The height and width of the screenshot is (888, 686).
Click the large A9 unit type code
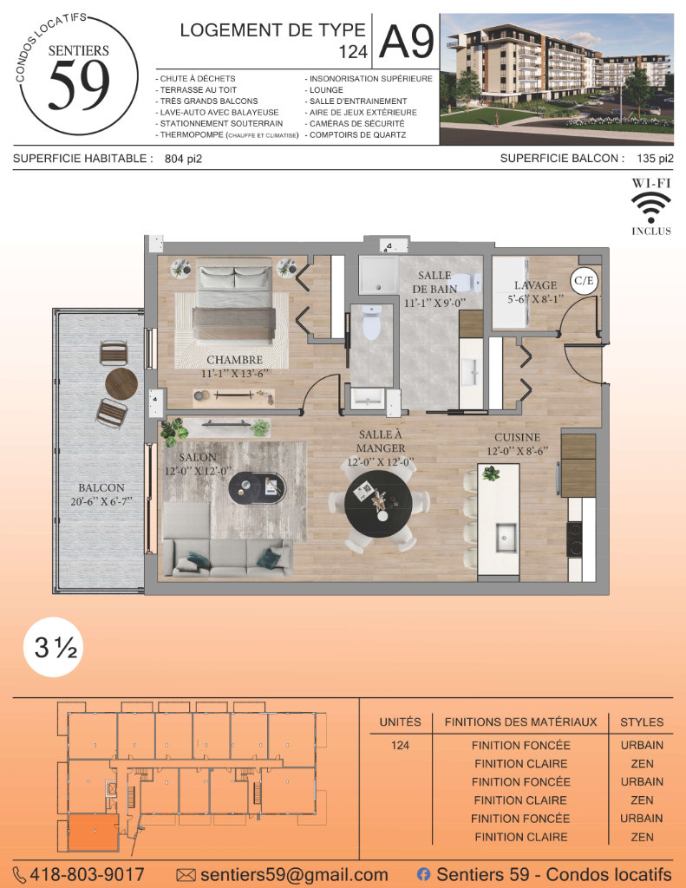pyautogui.click(x=407, y=42)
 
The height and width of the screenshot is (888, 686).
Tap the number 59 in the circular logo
pyautogui.click(x=79, y=86)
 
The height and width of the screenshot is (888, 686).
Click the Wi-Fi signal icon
pyautogui.click(x=651, y=207)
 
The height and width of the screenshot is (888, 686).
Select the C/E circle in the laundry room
pyautogui.click(x=584, y=280)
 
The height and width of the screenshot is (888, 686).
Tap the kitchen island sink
pyautogui.click(x=506, y=537)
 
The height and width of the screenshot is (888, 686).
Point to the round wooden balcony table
pyautogui.click(x=121, y=384)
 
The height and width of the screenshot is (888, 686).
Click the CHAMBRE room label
pyautogui.click(x=234, y=360)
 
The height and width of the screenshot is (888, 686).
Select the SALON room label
pyautogui.click(x=198, y=457)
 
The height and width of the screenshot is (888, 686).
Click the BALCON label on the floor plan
pyautogui.click(x=101, y=488)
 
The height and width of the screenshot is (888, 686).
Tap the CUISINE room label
pyautogui.click(x=517, y=438)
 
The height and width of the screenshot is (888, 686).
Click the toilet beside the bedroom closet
pyautogui.click(x=371, y=323)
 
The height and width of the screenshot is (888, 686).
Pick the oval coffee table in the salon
pyautogui.click(x=258, y=487)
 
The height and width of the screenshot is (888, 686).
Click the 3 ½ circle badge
pyautogui.click(x=54, y=647)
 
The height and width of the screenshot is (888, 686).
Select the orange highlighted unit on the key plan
pyautogui.click(x=94, y=832)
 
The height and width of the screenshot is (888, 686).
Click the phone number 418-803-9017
pyautogui.click(x=87, y=874)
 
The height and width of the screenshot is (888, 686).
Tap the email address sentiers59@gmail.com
pyautogui.click(x=294, y=874)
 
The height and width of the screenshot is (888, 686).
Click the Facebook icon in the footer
pyautogui.click(x=423, y=874)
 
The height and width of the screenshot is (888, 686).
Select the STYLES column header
pyautogui.click(x=642, y=722)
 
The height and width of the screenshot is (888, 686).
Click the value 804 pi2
pyautogui.click(x=183, y=160)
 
